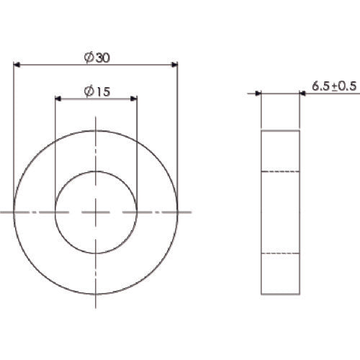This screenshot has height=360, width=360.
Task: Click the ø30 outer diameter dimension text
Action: click(x=96, y=56)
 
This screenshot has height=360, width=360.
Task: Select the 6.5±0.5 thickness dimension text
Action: click(x=333, y=86)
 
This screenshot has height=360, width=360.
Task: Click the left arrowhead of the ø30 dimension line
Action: click(x=17, y=65)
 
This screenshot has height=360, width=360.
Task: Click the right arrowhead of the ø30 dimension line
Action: click(x=174, y=65)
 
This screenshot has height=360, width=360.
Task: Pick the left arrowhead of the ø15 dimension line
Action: click(x=59, y=99)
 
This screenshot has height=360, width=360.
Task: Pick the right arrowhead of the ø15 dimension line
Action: click(x=132, y=99)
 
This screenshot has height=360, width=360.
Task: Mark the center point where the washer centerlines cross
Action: click(x=96, y=212)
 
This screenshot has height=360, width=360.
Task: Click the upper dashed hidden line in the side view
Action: click(x=281, y=171)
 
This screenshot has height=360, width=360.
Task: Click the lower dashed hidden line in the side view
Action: click(x=281, y=253)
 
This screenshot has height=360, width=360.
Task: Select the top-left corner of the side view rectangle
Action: click(x=261, y=131)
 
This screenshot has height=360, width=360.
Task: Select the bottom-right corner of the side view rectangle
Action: click(x=300, y=294)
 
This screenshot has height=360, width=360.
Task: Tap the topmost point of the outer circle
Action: click(x=96, y=131)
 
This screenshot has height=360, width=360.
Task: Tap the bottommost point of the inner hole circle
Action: click(x=96, y=253)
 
